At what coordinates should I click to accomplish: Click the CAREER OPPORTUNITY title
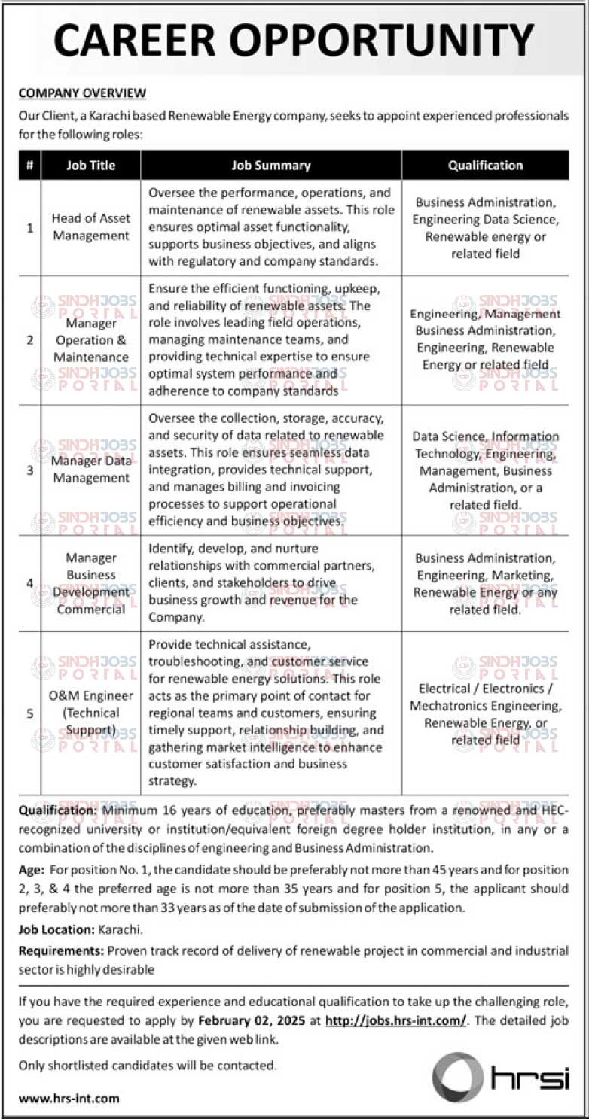click(294, 39)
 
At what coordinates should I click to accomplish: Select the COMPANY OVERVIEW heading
click(82, 93)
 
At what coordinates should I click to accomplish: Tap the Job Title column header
click(90, 166)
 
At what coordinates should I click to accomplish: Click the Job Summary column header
click(271, 166)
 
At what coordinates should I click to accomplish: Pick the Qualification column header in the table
click(485, 166)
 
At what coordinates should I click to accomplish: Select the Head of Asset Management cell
click(90, 227)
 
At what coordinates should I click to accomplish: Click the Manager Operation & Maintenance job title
click(90, 340)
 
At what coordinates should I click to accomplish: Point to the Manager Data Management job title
click(90, 469)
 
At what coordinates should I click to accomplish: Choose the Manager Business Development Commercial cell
click(90, 583)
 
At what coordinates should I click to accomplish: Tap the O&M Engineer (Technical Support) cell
click(90, 713)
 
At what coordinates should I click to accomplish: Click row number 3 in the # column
click(30, 470)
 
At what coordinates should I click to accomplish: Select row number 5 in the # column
click(30, 713)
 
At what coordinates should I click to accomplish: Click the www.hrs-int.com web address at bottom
click(69, 1098)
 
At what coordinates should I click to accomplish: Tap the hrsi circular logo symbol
click(457, 1078)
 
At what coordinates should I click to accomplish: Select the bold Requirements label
click(62, 951)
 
